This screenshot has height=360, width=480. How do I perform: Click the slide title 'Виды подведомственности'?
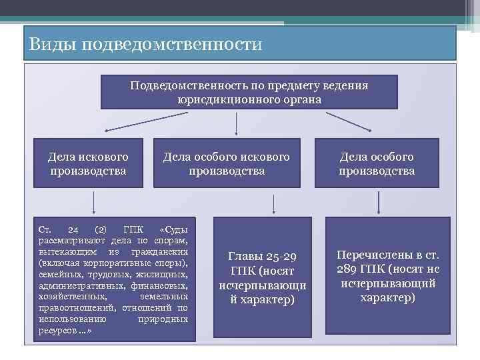[x=147, y=45]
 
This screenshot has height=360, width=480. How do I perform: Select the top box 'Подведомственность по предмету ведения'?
[x=249, y=92]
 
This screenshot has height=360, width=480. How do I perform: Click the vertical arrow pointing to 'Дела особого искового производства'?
[x=237, y=123]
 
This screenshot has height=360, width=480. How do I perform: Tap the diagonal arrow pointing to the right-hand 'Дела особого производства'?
[x=348, y=121]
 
